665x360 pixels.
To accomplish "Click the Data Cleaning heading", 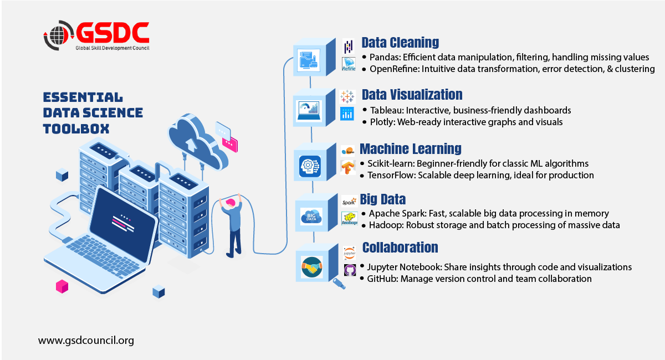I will point(400,43).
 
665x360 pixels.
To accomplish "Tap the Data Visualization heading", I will point(412,95).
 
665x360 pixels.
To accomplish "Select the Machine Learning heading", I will point(410,149).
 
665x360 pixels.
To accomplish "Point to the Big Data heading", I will point(382,199).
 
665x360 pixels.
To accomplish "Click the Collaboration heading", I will point(400,248).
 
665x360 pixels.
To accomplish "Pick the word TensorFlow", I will point(391,175).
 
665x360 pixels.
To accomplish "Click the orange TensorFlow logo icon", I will point(348,167).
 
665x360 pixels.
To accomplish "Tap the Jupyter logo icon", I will point(349,254).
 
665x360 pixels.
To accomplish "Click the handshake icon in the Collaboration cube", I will point(311,268).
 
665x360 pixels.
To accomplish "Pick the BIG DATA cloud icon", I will point(311,215).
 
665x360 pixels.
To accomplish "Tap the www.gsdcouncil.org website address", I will point(86,340).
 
